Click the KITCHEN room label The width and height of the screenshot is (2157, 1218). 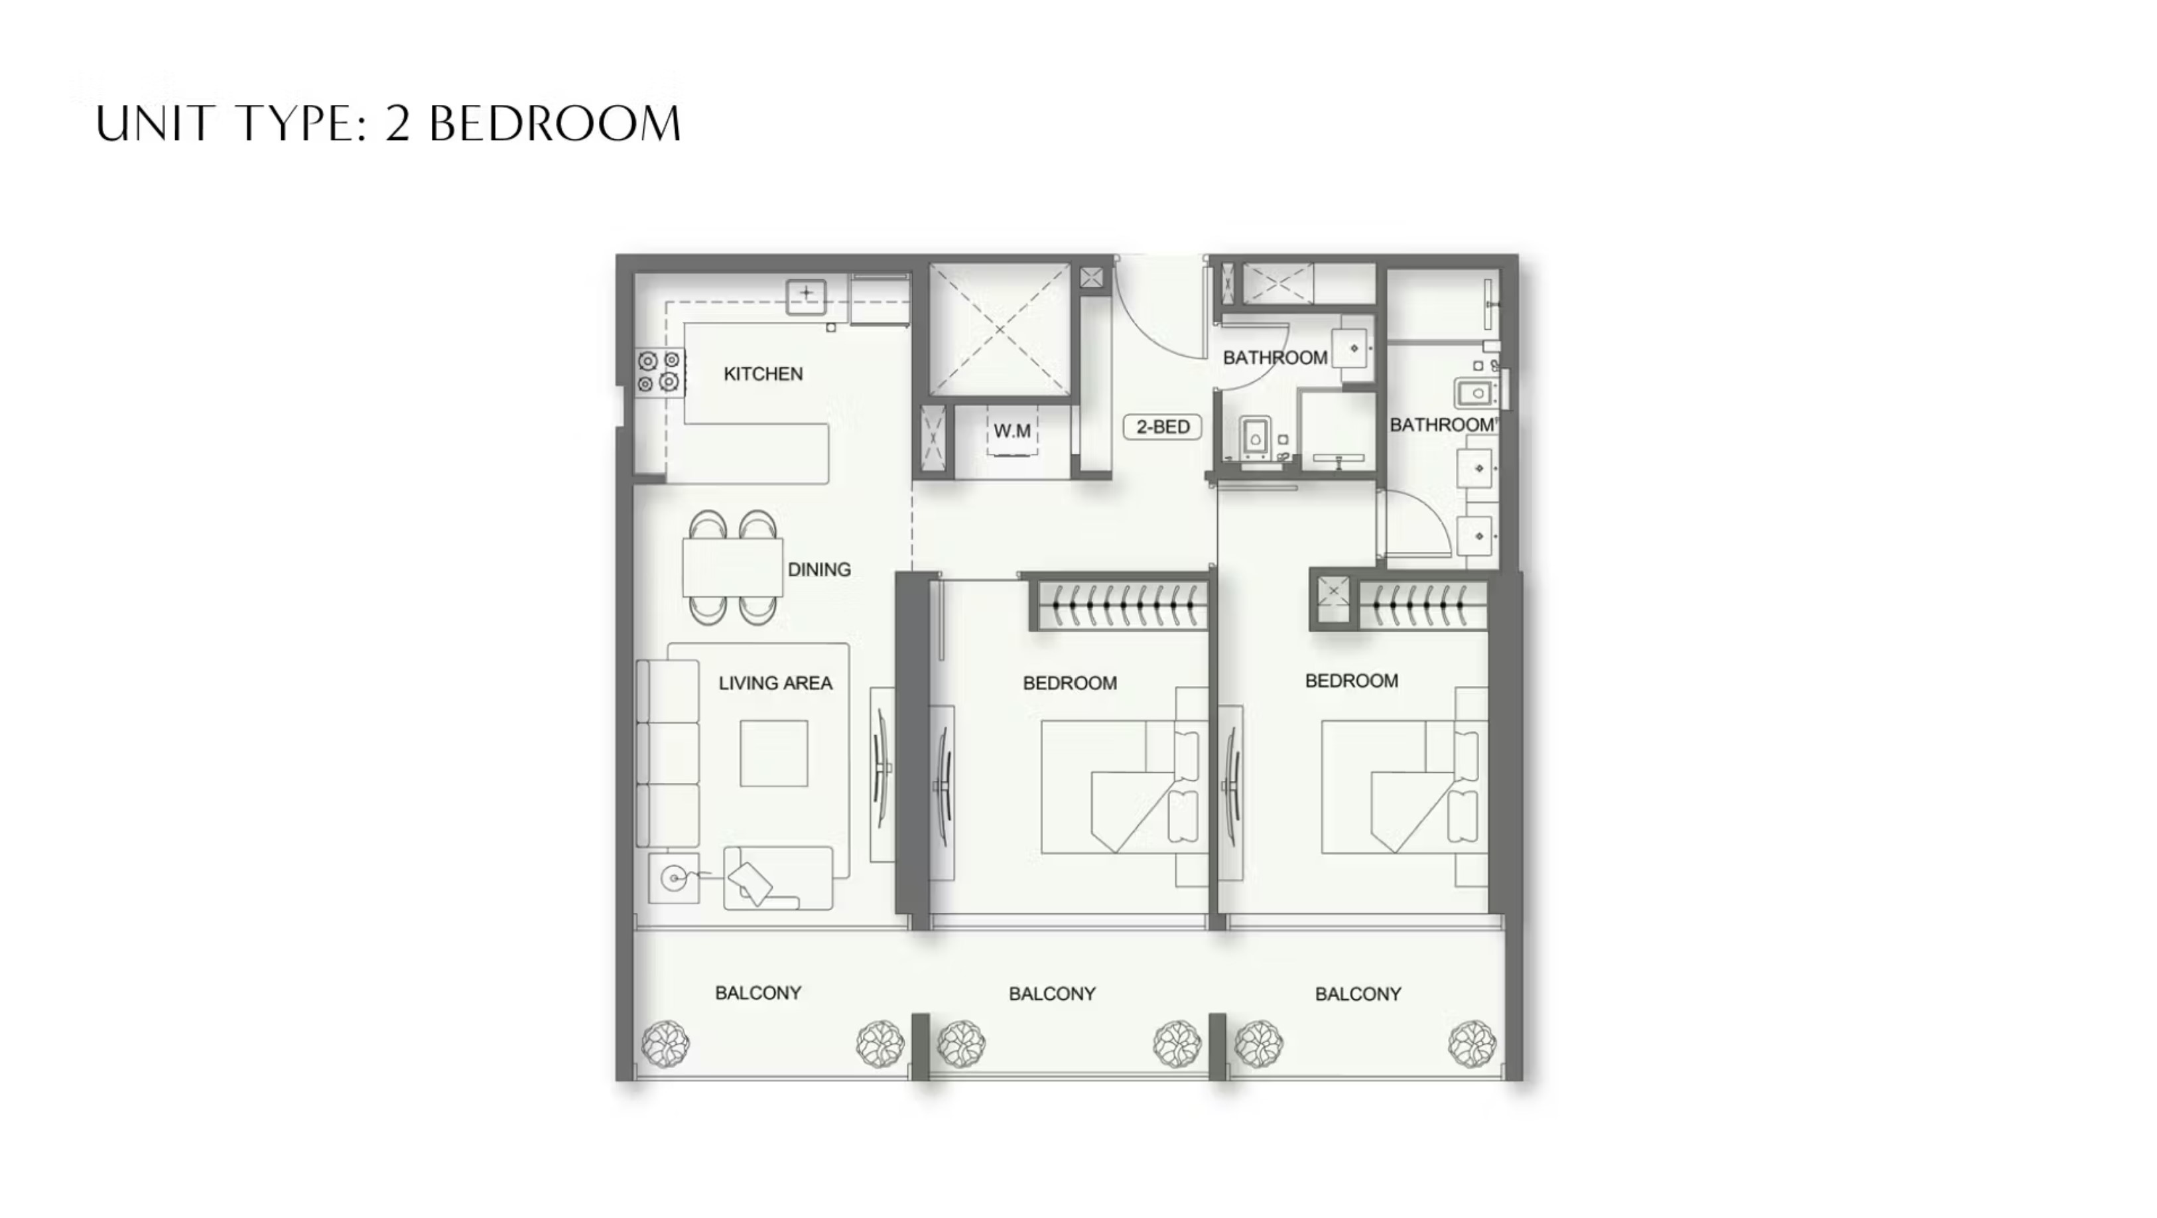[763, 373]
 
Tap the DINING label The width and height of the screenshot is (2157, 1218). [819, 570]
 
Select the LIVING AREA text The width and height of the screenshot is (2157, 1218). [775, 683]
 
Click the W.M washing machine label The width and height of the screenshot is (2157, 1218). [1012, 431]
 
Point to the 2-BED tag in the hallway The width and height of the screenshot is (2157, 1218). [1162, 427]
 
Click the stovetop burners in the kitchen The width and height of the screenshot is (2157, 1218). [658, 372]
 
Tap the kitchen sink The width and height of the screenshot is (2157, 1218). [805, 296]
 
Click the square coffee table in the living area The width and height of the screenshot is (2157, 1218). [773, 753]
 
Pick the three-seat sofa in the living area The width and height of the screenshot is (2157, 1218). [667, 753]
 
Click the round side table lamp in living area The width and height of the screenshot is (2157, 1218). [673, 878]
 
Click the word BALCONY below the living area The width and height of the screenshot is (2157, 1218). [757, 992]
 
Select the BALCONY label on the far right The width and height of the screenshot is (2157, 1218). [1357, 994]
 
